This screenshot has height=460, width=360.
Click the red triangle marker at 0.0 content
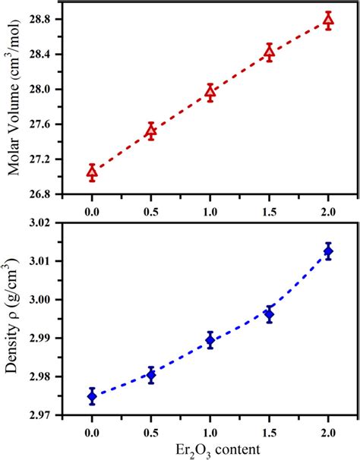(x=92, y=172)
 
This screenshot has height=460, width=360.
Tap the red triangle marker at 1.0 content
(x=210, y=93)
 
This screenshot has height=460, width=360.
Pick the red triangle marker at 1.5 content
(x=269, y=53)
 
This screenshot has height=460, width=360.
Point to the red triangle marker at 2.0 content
(x=328, y=20)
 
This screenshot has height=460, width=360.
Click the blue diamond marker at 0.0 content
(x=92, y=395)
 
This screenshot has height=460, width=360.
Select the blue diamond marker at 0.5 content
(x=151, y=374)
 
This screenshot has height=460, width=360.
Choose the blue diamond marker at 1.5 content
(x=269, y=313)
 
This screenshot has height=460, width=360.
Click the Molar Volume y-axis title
(x=14, y=99)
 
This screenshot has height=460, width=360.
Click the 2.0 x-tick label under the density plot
(x=328, y=430)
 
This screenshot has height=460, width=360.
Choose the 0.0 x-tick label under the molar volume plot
(x=92, y=209)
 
